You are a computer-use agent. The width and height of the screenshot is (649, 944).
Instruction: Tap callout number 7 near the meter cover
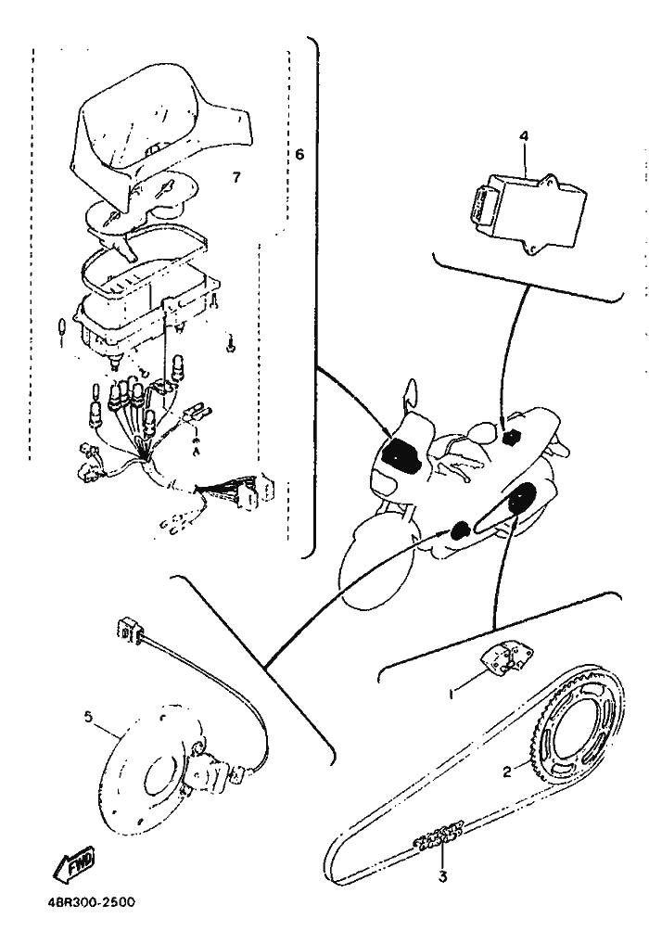[237, 175]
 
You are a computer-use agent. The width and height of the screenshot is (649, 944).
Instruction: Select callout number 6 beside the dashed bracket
[299, 155]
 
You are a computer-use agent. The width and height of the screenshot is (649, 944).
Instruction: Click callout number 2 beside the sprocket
[507, 772]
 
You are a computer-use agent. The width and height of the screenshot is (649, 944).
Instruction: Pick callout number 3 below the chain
[443, 876]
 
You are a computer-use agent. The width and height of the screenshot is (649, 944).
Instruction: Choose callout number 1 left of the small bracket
[452, 692]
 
